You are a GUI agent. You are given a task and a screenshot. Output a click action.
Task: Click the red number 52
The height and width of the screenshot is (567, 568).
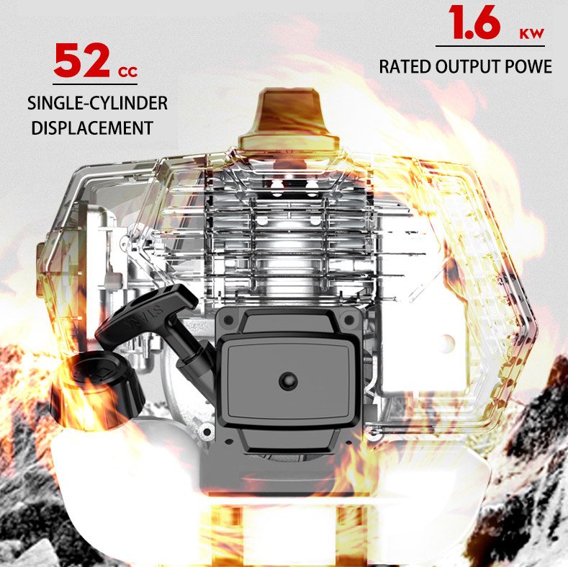(81, 60)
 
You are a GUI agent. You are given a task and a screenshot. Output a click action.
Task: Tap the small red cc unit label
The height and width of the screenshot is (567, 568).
(128, 72)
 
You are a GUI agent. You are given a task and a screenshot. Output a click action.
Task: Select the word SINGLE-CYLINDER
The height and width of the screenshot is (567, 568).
(97, 103)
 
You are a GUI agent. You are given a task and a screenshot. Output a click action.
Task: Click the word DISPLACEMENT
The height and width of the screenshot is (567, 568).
(92, 128)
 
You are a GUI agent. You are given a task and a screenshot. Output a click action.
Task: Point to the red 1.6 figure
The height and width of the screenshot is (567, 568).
(475, 22)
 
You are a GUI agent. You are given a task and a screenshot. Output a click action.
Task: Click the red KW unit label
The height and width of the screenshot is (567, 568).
(532, 33)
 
